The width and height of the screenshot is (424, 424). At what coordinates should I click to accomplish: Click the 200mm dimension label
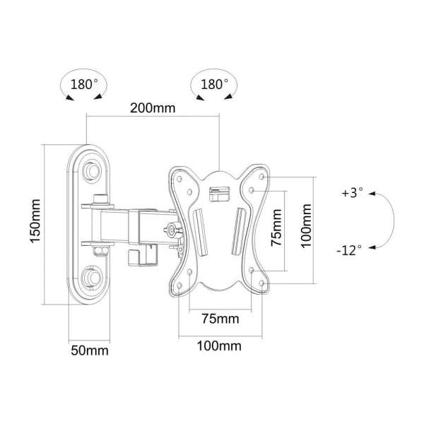tap(152, 109)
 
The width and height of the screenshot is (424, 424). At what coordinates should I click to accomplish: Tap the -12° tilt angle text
tap(348, 249)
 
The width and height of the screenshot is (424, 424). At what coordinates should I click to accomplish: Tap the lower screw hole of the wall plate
tap(93, 275)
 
